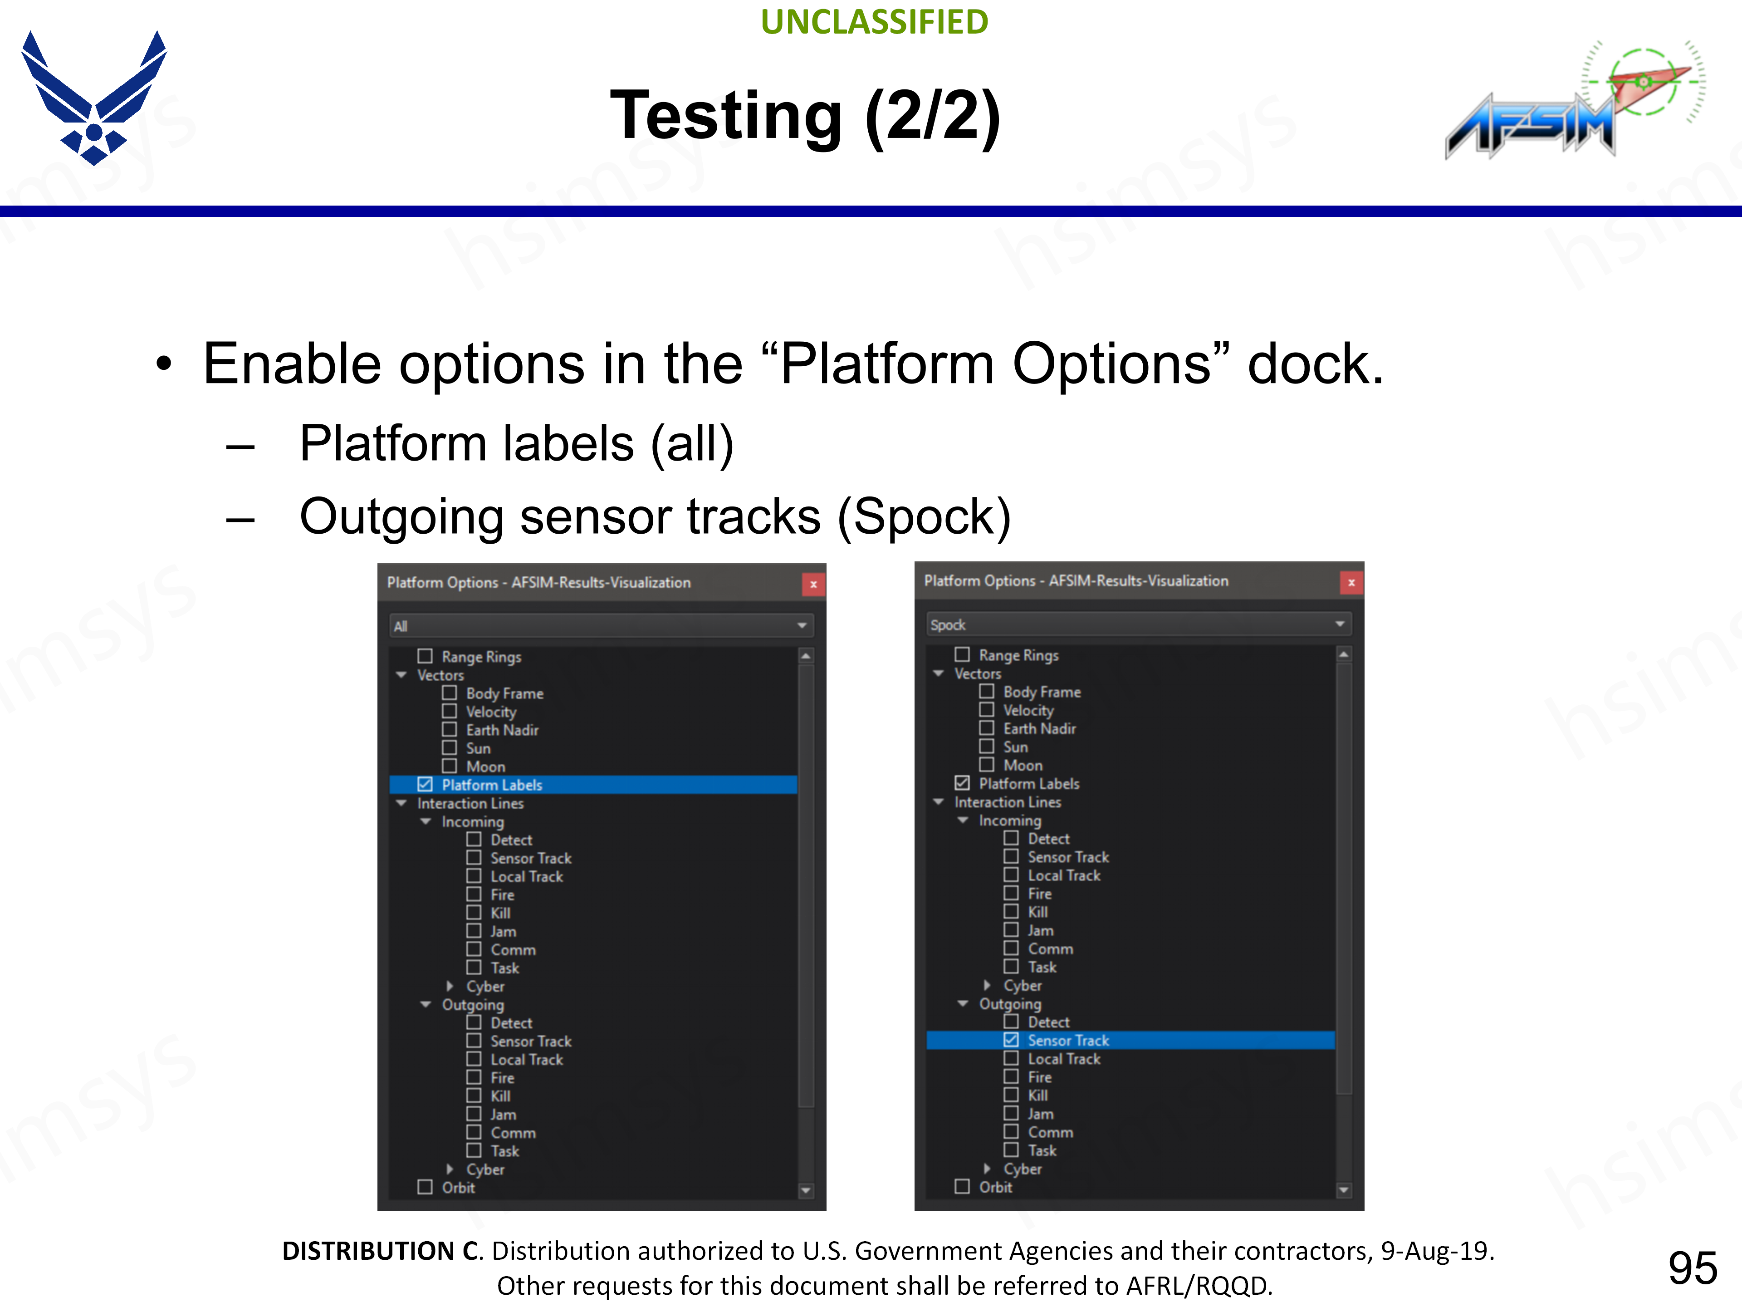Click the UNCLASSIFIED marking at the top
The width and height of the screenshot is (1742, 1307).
874,22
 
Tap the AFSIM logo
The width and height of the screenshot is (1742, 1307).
1573,98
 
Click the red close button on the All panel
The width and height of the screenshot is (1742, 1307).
813,584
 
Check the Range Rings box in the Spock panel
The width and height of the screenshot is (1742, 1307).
962,655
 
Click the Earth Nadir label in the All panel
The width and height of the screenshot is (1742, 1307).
503,730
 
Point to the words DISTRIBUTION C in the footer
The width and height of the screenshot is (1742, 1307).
380,1251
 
